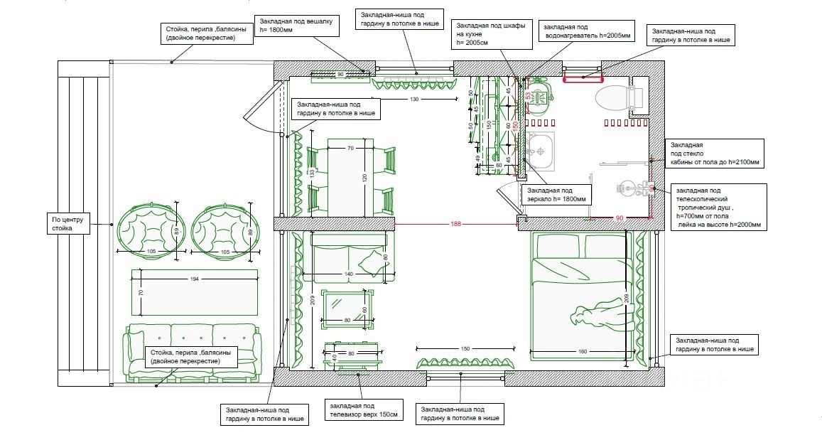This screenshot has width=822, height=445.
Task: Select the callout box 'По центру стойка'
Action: click(x=70, y=225)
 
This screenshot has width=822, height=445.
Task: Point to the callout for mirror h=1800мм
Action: click(x=556, y=195)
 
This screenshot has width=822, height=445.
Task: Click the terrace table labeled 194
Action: click(x=194, y=291)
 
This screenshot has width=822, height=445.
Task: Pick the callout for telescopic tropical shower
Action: click(x=719, y=207)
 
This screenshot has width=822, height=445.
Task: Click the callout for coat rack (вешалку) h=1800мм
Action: click(x=296, y=26)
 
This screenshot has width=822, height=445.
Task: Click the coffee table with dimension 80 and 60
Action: click(x=347, y=310)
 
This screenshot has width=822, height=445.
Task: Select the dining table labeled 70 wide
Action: click(x=350, y=178)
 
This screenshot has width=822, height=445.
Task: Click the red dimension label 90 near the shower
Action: click(x=619, y=218)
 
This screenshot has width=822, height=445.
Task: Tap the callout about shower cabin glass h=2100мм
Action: click(x=714, y=154)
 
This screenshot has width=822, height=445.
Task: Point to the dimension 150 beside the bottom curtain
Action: click(x=465, y=348)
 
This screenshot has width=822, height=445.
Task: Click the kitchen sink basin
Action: click(x=541, y=149)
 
